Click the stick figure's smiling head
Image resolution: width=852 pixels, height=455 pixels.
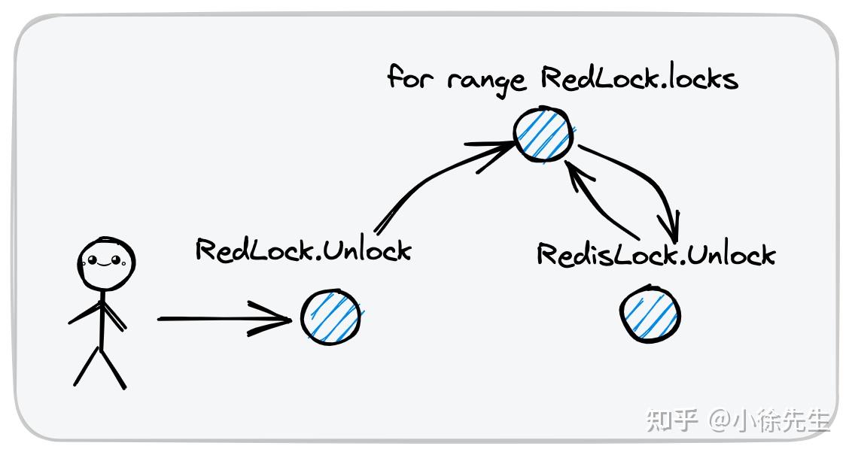pyautogui.click(x=105, y=263)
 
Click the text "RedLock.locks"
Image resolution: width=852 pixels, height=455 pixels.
pyautogui.click(x=641, y=78)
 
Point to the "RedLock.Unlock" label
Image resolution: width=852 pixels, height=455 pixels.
pyautogui.click(x=303, y=250)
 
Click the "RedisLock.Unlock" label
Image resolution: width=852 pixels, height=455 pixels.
pyautogui.click(x=655, y=254)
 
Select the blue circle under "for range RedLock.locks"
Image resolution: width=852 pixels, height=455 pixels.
pyautogui.click(x=543, y=135)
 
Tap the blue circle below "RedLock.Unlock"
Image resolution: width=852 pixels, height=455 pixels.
pyautogui.click(x=330, y=317)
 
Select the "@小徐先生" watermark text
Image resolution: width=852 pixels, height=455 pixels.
pyautogui.click(x=768, y=420)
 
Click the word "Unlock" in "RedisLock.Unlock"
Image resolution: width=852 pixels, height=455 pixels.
pyautogui.click(x=730, y=254)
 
